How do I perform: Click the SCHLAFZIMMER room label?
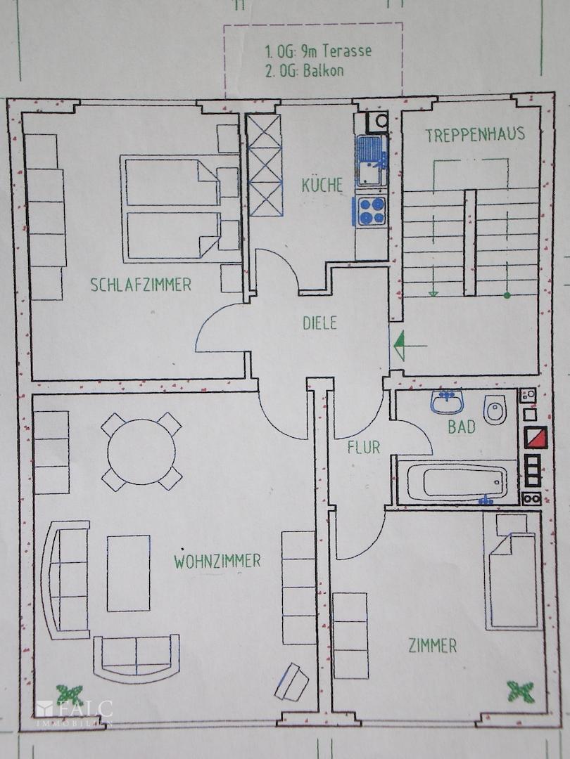click(141, 285)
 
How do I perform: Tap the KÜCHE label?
click(322, 186)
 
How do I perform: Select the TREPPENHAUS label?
click(474, 135)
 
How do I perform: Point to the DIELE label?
click(319, 323)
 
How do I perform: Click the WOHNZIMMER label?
click(217, 561)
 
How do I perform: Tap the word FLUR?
click(363, 447)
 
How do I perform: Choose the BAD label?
click(462, 427)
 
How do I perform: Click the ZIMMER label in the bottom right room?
click(432, 645)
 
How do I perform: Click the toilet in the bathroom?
click(495, 409)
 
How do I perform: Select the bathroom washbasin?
click(446, 403)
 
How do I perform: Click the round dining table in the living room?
click(141, 450)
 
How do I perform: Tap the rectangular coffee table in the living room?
click(128, 573)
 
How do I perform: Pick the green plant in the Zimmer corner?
click(520, 690)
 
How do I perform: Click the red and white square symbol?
click(536, 437)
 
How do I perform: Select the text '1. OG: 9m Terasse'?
click(318, 51)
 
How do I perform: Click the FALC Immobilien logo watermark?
click(75, 711)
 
